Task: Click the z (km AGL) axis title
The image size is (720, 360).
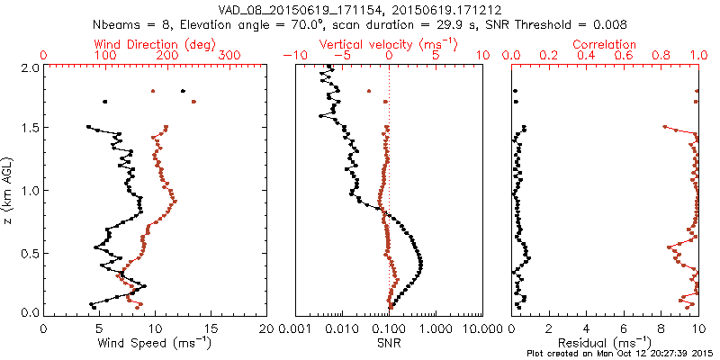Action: click(8, 190)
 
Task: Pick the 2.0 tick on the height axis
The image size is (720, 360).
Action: click(29, 67)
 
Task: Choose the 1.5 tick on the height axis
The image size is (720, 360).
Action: click(29, 129)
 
